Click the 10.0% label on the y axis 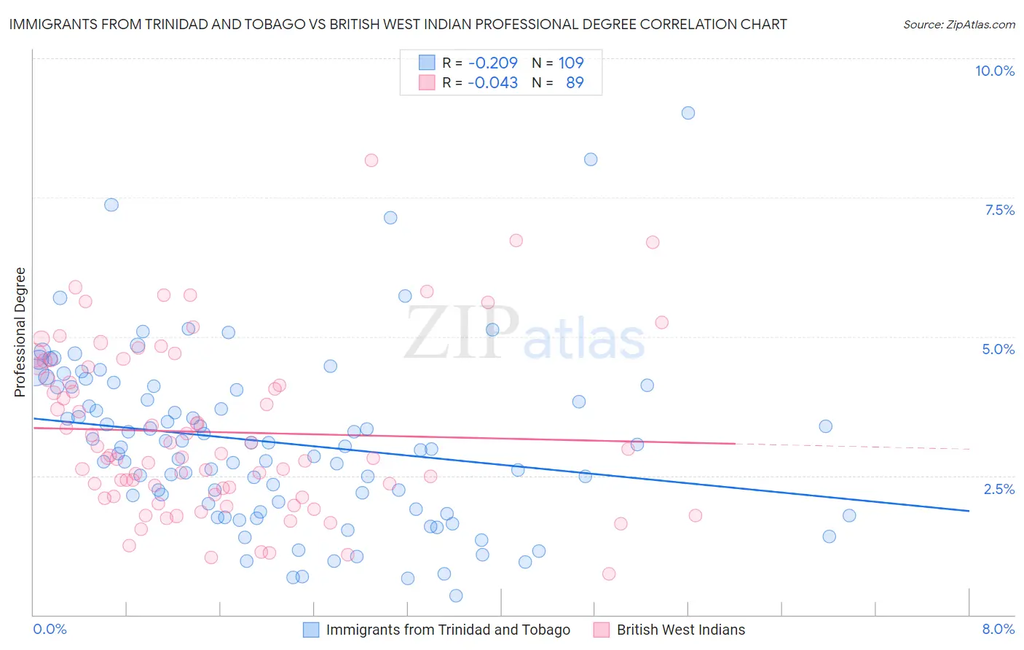994,71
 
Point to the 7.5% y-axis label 999,210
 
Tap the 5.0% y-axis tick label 998,349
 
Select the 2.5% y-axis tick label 999,489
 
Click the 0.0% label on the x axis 50,629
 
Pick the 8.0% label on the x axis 998,629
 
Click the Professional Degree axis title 20,332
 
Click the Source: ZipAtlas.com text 958,25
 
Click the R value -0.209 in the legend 493,63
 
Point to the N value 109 571,63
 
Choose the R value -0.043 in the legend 493,82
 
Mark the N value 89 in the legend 575,82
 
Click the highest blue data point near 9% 688,113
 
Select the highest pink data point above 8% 371,160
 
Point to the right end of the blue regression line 969,511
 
